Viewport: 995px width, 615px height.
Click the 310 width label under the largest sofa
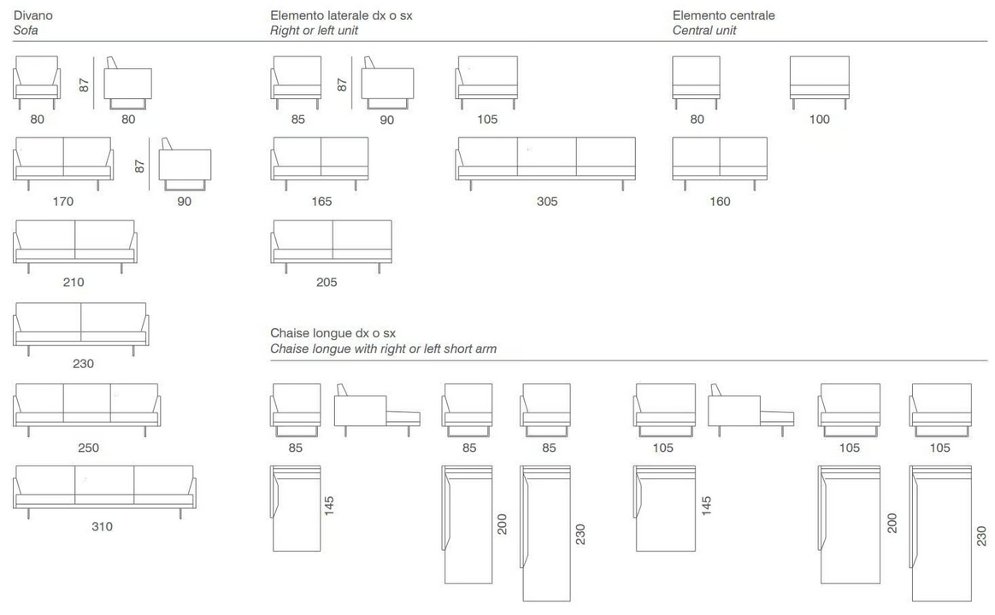(x=103, y=526)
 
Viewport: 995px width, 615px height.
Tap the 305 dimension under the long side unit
(x=547, y=202)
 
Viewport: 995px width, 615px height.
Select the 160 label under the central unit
(x=720, y=202)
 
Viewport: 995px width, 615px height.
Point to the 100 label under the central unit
(x=819, y=120)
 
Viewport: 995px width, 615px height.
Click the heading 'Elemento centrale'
(x=723, y=15)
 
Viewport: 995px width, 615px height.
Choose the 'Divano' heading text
(x=33, y=15)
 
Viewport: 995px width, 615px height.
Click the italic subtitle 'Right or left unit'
(x=314, y=31)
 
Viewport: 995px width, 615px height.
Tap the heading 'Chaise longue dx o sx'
(x=333, y=333)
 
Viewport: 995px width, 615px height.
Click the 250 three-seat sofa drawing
(x=87, y=410)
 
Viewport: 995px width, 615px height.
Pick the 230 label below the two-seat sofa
(x=83, y=364)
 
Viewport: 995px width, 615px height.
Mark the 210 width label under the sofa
(x=74, y=282)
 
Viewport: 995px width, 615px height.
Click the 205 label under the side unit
(x=327, y=282)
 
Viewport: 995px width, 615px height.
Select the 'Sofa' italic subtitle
(x=26, y=31)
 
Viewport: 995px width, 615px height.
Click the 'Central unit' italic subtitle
(x=704, y=31)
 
